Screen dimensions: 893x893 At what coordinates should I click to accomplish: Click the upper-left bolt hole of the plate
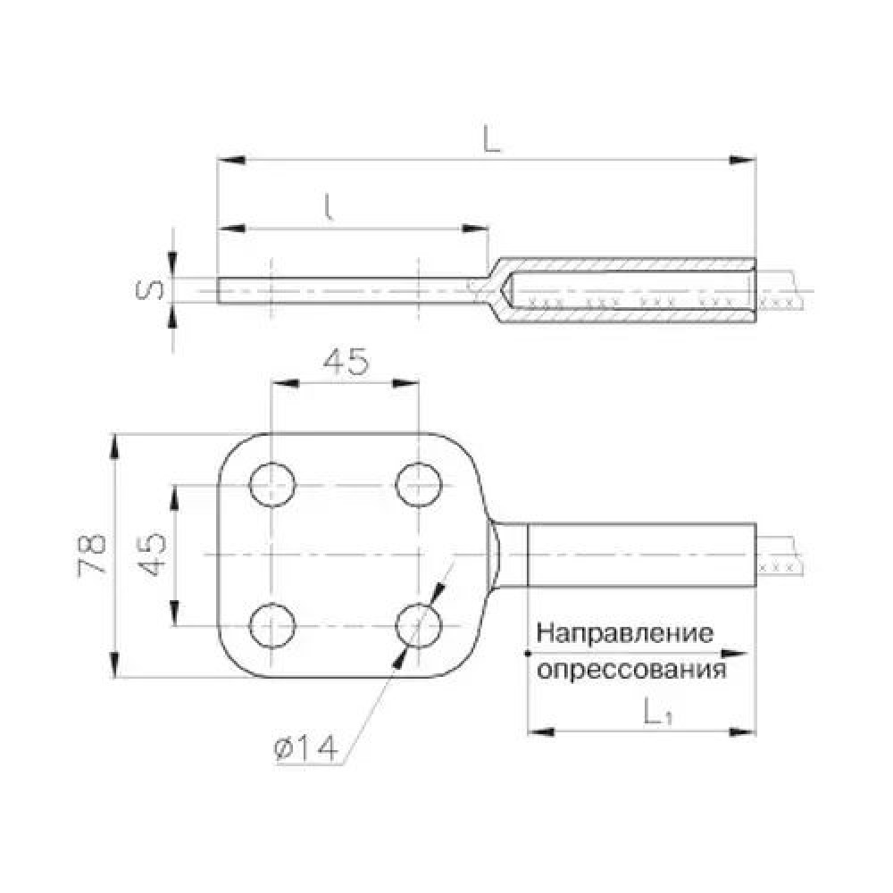click(x=272, y=485)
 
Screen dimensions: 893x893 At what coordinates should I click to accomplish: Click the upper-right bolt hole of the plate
click(x=419, y=485)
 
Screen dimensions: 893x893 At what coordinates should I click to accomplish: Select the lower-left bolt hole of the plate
click(x=272, y=625)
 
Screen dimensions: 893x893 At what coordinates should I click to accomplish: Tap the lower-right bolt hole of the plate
click(x=419, y=625)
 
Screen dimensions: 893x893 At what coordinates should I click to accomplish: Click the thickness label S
click(x=150, y=290)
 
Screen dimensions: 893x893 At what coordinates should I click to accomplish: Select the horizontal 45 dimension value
click(x=346, y=362)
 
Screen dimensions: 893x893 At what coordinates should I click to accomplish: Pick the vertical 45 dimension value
click(x=152, y=555)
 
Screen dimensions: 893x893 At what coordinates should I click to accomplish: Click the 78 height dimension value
click(x=92, y=555)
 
